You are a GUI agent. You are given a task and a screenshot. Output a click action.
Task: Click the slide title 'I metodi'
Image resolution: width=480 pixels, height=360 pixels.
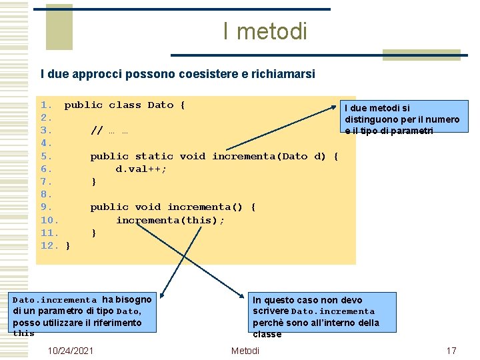[x=265, y=31]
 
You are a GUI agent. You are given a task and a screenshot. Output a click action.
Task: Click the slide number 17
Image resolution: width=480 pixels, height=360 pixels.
[x=451, y=351]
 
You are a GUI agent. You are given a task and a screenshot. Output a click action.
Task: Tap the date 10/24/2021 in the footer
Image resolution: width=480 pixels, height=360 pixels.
[x=71, y=351]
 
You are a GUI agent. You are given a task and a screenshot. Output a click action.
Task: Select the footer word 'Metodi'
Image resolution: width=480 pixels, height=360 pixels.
[x=245, y=351]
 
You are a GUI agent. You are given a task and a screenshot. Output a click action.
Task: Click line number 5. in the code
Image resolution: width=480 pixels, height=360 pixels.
[x=46, y=156]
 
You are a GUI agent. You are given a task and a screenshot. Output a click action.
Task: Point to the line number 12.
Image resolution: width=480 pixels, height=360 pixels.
[x=50, y=245]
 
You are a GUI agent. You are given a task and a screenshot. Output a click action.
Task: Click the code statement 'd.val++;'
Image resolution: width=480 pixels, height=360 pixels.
[x=141, y=169]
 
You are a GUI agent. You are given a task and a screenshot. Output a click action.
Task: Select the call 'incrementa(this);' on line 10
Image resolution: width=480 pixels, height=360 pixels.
[x=170, y=220]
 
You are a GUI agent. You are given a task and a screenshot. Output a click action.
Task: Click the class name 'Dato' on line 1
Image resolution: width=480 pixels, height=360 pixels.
[x=160, y=105]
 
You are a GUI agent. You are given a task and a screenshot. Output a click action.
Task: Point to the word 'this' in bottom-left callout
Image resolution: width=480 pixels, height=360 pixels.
[x=23, y=333]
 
